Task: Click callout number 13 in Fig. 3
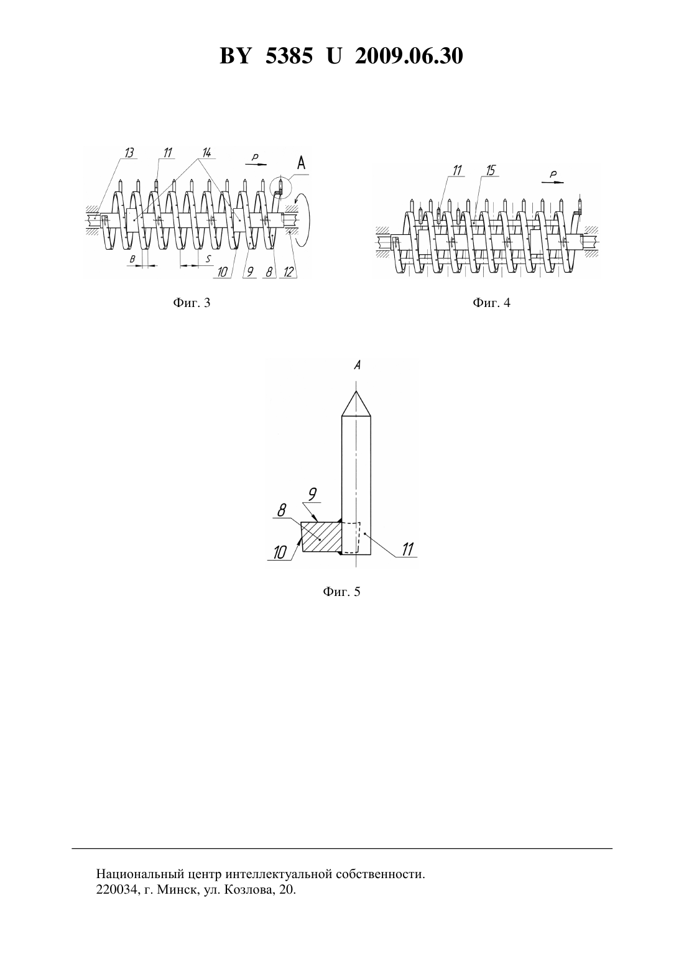[129, 152]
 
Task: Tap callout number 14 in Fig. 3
[206, 152]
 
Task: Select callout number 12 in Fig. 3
[289, 272]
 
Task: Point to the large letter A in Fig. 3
[301, 163]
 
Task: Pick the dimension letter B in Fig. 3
[132, 259]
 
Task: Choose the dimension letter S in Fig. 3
[208, 259]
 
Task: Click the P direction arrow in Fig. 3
[256, 164]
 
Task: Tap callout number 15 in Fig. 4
[490, 170]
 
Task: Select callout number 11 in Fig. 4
[457, 170]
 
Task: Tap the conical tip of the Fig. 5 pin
[356, 403]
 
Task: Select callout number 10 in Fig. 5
[280, 552]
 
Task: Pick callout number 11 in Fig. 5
[407, 549]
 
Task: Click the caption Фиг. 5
[341, 592]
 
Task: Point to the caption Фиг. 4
[491, 303]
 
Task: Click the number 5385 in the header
[289, 56]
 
